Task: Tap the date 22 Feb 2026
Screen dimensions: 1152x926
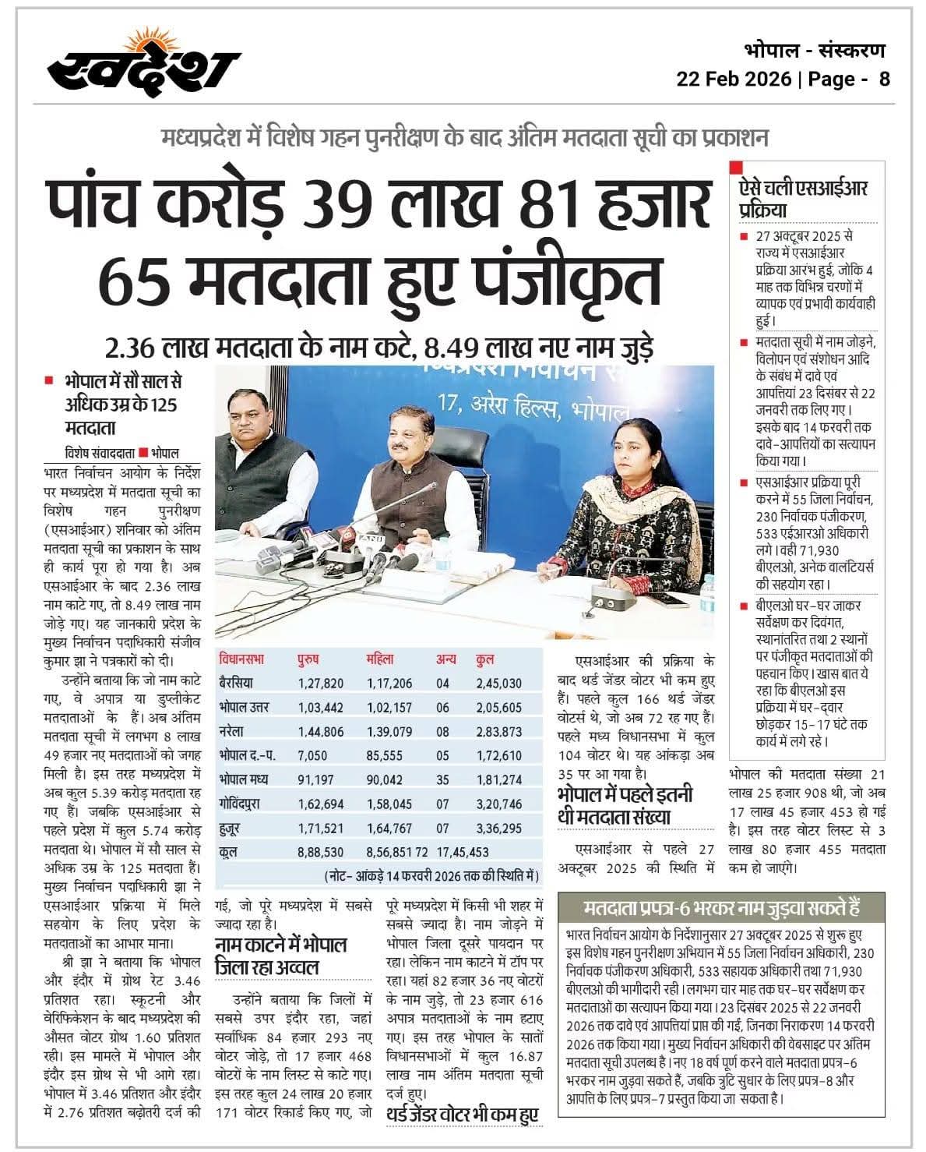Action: (x=732, y=80)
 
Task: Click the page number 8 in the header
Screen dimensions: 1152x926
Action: (x=884, y=80)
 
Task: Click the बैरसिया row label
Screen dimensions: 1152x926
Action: (x=237, y=684)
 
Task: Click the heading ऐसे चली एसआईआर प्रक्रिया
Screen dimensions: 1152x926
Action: (x=803, y=198)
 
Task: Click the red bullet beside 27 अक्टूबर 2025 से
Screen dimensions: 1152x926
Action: (x=744, y=235)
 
